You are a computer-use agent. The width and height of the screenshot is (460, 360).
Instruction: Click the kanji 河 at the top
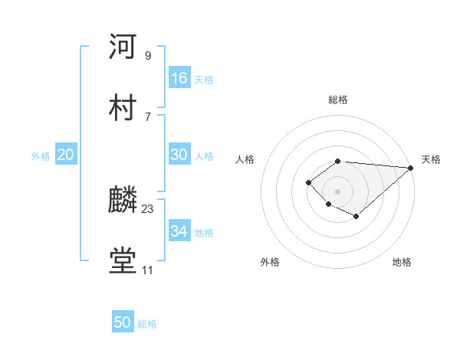pyautogui.click(x=123, y=47)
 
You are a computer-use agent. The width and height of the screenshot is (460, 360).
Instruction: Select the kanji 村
pyautogui.click(x=123, y=106)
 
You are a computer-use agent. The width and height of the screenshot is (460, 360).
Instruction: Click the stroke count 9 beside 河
pyautogui.click(x=148, y=56)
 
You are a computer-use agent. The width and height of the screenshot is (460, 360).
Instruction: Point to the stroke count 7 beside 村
pyautogui.click(x=148, y=116)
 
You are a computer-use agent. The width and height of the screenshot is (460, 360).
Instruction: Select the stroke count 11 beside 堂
pyautogui.click(x=148, y=270)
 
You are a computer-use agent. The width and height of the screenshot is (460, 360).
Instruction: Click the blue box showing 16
pyautogui.click(x=179, y=78)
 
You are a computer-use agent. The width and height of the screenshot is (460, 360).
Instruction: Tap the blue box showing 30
pyautogui.click(x=179, y=155)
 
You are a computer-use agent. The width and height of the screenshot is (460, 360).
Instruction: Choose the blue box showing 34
pyautogui.click(x=179, y=231)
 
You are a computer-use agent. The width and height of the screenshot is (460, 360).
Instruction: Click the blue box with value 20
pyautogui.click(x=66, y=155)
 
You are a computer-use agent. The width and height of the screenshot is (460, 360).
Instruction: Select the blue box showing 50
pyautogui.click(x=123, y=323)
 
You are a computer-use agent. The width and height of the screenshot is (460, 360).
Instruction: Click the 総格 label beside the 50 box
pyautogui.click(x=147, y=324)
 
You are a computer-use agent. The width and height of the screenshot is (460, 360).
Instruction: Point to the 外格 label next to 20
pyautogui.click(x=41, y=155)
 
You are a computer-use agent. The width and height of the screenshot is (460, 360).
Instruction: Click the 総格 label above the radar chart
pyautogui.click(x=338, y=100)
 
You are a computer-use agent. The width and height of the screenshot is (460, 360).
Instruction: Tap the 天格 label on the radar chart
pyautogui.click(x=431, y=159)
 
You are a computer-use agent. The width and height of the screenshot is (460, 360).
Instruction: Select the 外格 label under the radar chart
pyautogui.click(x=270, y=262)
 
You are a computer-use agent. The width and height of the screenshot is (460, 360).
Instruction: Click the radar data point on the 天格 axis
pyautogui.click(x=411, y=167)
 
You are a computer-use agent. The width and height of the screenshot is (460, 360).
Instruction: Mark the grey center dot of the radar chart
pyautogui.click(x=338, y=191)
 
